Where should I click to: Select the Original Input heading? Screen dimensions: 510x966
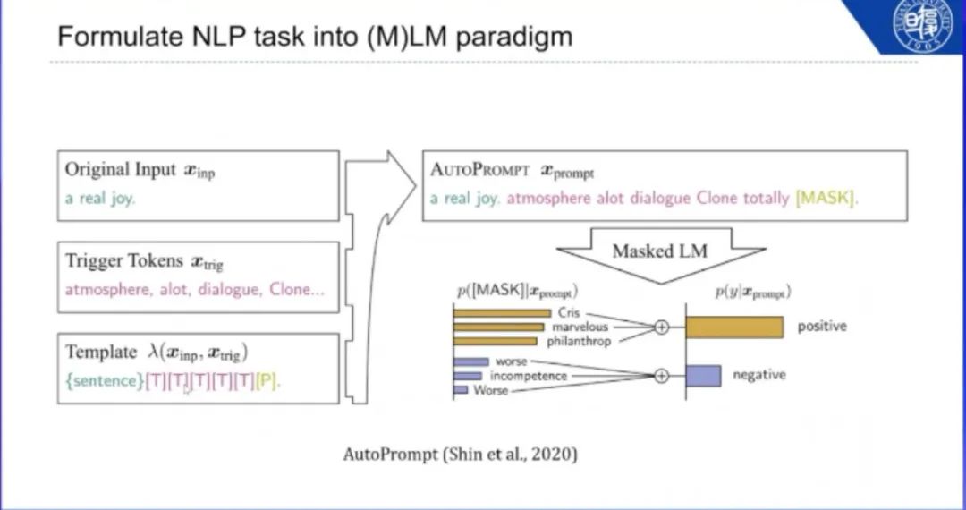point(120,170)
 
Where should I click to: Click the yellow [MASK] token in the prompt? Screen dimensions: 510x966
point(825,198)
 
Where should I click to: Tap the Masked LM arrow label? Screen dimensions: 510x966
point(659,251)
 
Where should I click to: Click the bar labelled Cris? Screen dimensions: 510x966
point(502,313)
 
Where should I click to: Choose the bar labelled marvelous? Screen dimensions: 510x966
point(497,327)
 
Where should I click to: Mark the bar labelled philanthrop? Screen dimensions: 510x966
point(495,340)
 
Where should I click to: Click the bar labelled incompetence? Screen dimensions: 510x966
point(468,376)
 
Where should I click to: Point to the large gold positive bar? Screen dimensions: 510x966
point(734,327)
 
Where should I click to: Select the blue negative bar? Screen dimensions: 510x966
point(703,376)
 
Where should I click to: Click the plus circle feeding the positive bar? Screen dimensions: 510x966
point(661,327)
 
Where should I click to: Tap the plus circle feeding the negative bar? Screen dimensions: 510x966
point(661,376)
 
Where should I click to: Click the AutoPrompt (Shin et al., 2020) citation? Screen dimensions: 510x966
point(461,455)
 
